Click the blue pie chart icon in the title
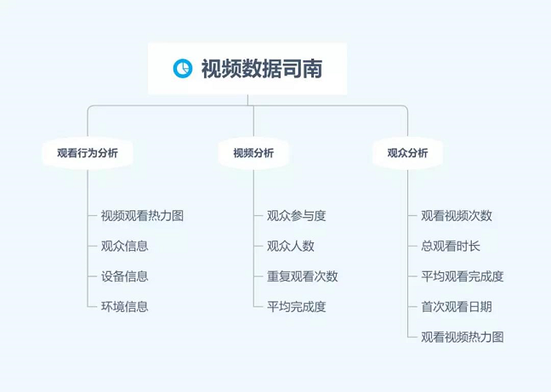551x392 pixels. coord(183,68)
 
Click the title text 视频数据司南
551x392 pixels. coord(262,69)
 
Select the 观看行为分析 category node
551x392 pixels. coord(88,153)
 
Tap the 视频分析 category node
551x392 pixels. coord(253,153)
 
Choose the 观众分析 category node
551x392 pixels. coord(407,153)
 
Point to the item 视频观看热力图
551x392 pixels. coord(142,216)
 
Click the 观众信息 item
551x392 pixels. coord(125,246)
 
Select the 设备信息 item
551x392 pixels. coord(125,276)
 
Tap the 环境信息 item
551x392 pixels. coord(125,307)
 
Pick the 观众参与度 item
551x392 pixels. coord(297,216)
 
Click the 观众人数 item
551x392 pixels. coord(291,246)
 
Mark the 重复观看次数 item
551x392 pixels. coord(303,276)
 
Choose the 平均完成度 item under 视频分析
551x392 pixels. coord(297,307)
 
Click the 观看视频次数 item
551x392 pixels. coord(457,216)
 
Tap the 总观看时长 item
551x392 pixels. coord(451,246)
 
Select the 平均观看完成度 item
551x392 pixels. coord(463,276)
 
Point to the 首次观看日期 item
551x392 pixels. coord(457,307)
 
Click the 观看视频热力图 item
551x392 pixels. coord(463,338)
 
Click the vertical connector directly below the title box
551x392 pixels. coord(247,99)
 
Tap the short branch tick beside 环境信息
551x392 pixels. coord(92,307)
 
